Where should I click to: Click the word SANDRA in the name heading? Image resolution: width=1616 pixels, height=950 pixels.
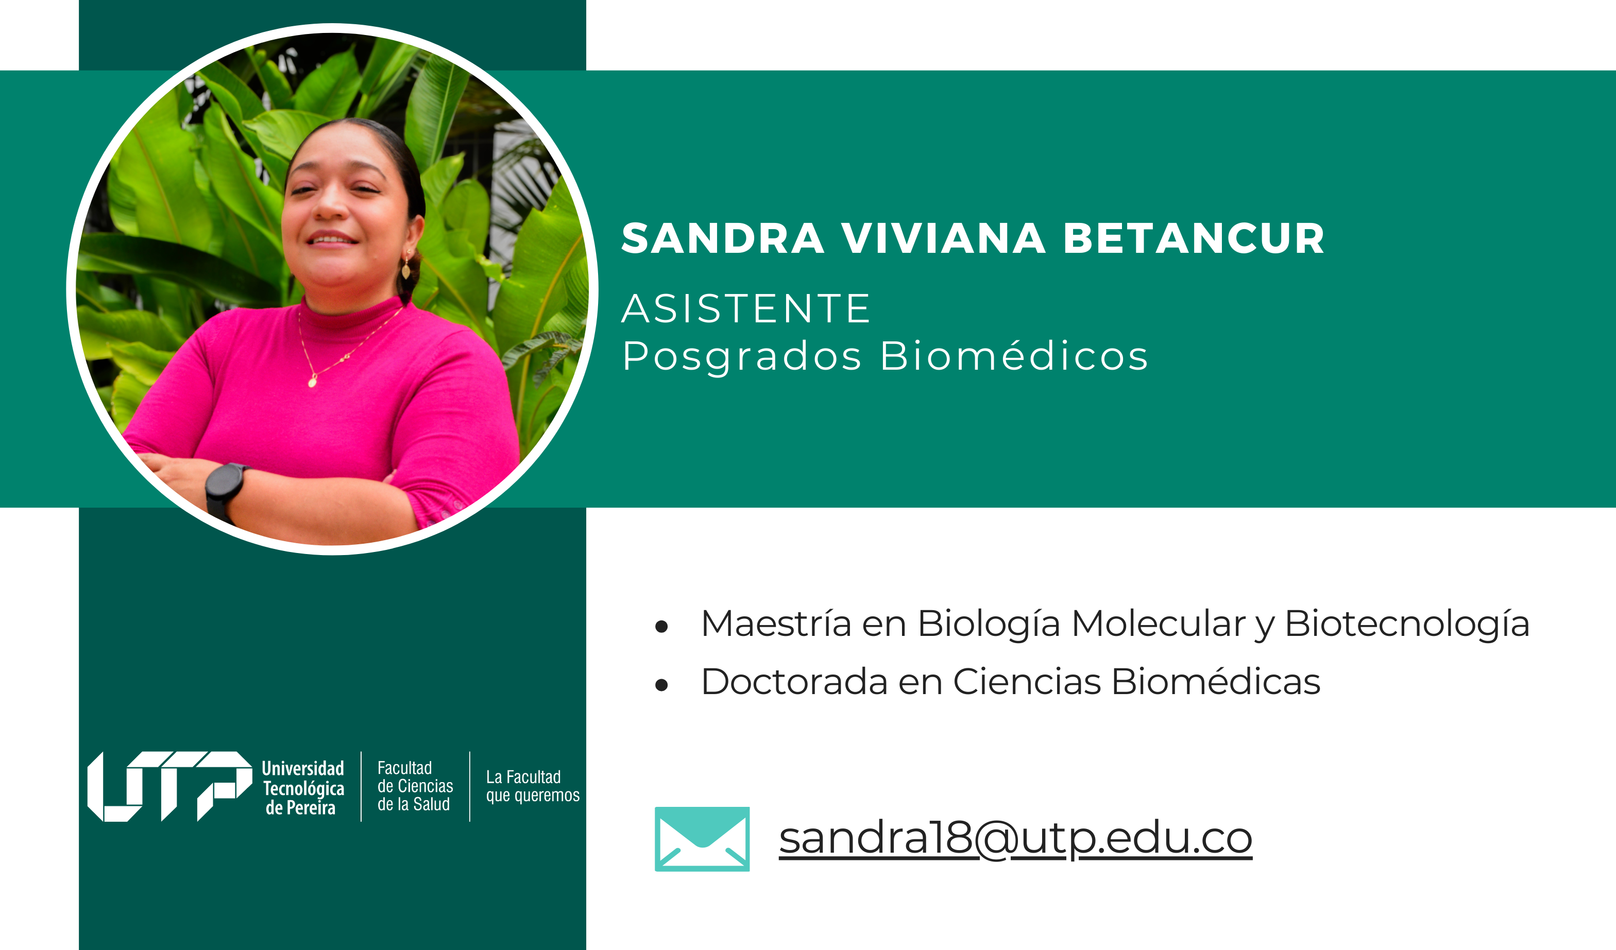[x=723, y=238]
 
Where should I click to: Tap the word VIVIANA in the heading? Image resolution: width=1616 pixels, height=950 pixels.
[x=943, y=238]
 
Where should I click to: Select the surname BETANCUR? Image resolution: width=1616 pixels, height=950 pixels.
[x=1194, y=238]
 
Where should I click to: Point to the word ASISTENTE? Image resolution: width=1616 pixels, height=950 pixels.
[x=746, y=308]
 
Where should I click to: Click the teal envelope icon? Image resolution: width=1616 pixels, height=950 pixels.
[x=702, y=839]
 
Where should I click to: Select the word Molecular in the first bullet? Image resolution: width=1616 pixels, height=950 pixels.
[x=1159, y=624]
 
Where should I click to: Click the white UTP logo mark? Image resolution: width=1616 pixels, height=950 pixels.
[x=170, y=787]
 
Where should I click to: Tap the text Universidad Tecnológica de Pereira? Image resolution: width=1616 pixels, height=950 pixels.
[x=303, y=788]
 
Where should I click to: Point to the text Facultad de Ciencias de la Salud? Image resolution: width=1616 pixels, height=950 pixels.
[x=415, y=786]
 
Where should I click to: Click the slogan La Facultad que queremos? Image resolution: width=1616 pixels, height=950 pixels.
[x=532, y=787]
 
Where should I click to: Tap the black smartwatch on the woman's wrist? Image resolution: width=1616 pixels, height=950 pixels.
[x=225, y=490]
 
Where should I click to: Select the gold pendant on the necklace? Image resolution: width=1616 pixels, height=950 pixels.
[x=312, y=382]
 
